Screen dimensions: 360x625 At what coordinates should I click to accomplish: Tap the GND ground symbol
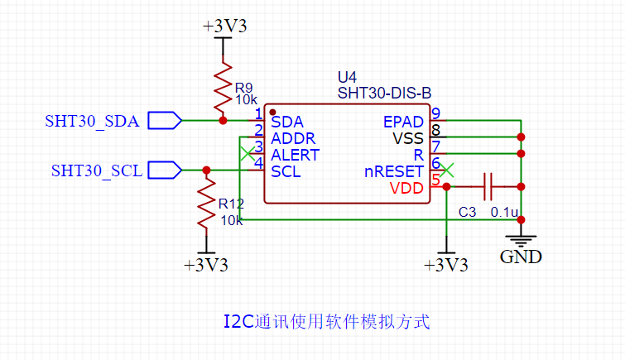point(522,242)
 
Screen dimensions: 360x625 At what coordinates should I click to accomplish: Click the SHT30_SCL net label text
point(95,170)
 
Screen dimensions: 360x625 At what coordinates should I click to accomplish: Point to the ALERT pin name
point(295,155)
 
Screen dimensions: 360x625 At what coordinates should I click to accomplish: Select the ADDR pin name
point(293,138)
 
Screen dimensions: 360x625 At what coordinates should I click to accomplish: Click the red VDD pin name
point(407,189)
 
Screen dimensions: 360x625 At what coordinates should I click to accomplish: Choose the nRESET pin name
point(394,172)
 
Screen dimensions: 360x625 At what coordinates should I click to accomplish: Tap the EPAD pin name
point(404,122)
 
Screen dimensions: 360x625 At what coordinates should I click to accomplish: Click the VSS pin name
point(408,138)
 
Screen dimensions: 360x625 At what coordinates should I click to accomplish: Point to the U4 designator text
point(348,77)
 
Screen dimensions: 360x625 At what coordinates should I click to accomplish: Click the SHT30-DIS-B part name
point(384,93)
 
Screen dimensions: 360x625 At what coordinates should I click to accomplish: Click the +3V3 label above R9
point(224,26)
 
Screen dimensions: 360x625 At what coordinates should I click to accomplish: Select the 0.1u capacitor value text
point(504,213)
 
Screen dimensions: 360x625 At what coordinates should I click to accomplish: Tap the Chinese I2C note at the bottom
point(327,321)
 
